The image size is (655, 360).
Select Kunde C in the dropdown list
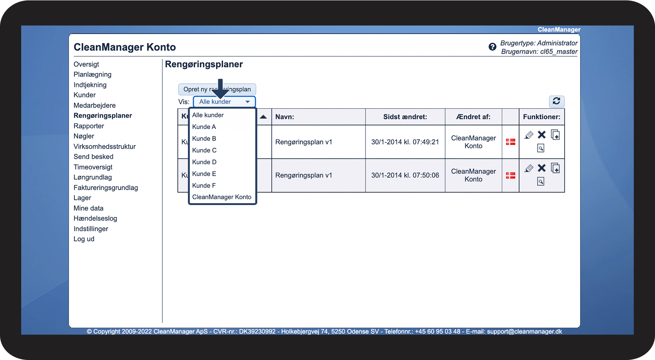(x=204, y=150)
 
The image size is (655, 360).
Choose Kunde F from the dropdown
(x=204, y=185)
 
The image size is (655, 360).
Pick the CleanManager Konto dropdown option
(x=222, y=197)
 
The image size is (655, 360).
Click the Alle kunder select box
(x=224, y=102)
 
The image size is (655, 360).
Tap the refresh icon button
(x=556, y=101)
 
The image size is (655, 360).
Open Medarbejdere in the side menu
(x=95, y=105)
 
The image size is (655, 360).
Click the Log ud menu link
(x=84, y=239)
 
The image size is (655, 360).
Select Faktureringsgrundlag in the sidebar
(x=106, y=188)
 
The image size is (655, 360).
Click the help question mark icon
(x=492, y=47)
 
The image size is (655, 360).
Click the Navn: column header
(x=285, y=117)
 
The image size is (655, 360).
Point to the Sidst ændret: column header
(x=405, y=117)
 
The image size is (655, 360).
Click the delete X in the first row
(x=542, y=135)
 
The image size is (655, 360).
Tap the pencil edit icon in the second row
(x=529, y=168)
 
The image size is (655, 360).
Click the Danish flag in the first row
(x=511, y=142)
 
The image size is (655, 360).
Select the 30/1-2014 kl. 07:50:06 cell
(x=405, y=175)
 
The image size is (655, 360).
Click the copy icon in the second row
(x=555, y=168)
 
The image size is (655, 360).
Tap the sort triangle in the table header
(x=263, y=117)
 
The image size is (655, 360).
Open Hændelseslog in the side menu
(x=95, y=218)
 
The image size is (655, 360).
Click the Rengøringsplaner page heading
(x=204, y=64)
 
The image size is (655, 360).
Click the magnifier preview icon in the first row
(x=541, y=148)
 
